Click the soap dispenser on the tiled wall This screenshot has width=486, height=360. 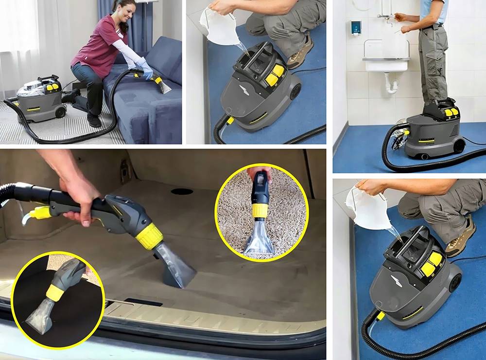point(356,28)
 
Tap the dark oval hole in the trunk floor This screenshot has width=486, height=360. point(182,191)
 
